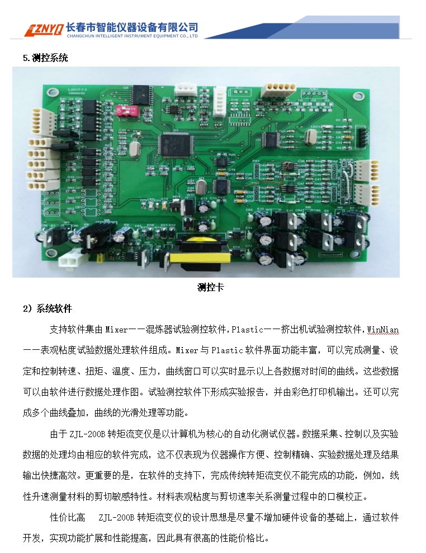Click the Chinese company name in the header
(132, 26)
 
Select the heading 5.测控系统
(46, 58)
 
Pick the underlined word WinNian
(382, 330)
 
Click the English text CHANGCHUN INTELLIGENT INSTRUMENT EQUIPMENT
(131, 36)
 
